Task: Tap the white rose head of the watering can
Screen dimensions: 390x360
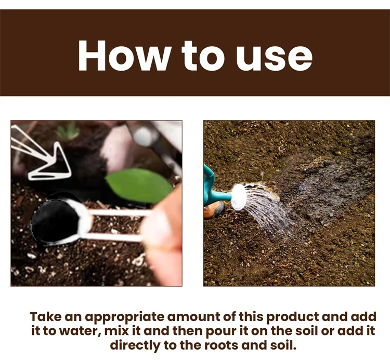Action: coord(239,197)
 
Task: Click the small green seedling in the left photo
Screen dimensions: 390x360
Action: coord(68,131)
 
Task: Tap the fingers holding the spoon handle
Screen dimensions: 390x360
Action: coord(162,236)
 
